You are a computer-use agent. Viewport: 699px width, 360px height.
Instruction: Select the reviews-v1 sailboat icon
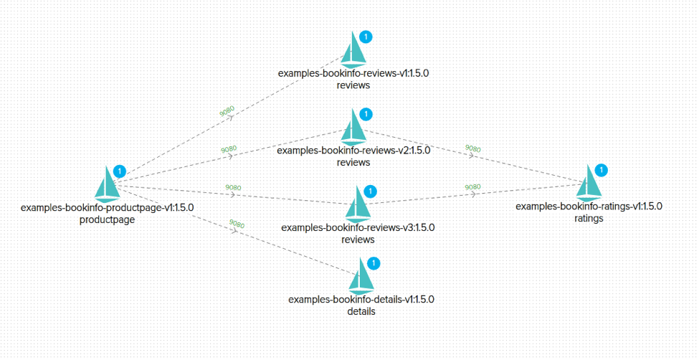pyautogui.click(x=353, y=50)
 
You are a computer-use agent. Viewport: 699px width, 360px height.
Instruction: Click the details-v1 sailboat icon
pyautogui.click(x=362, y=277)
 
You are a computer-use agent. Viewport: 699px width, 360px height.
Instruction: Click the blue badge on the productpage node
pyautogui.click(x=120, y=171)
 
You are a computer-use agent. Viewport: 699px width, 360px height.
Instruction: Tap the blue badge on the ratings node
pyautogui.click(x=601, y=170)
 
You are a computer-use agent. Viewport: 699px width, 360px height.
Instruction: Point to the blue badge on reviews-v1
pyautogui.click(x=365, y=37)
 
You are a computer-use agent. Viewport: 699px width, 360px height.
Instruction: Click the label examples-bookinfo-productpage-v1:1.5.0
pyautogui.click(x=108, y=208)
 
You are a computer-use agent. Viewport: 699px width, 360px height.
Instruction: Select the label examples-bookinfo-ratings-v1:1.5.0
pyautogui.click(x=589, y=207)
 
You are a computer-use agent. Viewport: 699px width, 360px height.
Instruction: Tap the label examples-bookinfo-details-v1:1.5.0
pyautogui.click(x=361, y=300)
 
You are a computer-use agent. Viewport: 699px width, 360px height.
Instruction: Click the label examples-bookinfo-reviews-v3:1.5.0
pyautogui.click(x=358, y=227)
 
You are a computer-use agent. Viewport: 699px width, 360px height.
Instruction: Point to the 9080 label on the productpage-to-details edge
pyautogui.click(x=237, y=224)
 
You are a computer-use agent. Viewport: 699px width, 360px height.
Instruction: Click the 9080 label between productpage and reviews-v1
pyautogui.click(x=227, y=112)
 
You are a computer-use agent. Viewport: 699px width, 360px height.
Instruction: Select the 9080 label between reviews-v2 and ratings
pyautogui.click(x=473, y=148)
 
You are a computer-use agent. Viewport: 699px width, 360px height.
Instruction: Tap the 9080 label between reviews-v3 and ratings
pyautogui.click(x=472, y=186)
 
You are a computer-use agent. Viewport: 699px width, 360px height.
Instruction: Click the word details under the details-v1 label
pyautogui.click(x=361, y=312)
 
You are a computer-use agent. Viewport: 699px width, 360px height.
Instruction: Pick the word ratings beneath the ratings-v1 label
pyautogui.click(x=589, y=219)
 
